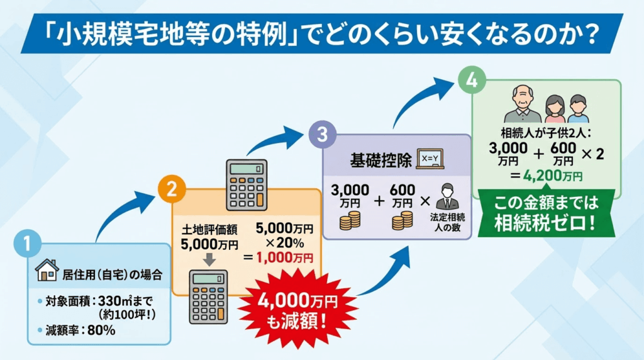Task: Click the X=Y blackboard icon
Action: point(430,157)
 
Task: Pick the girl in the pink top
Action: point(553,111)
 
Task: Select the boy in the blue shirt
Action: point(579,111)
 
